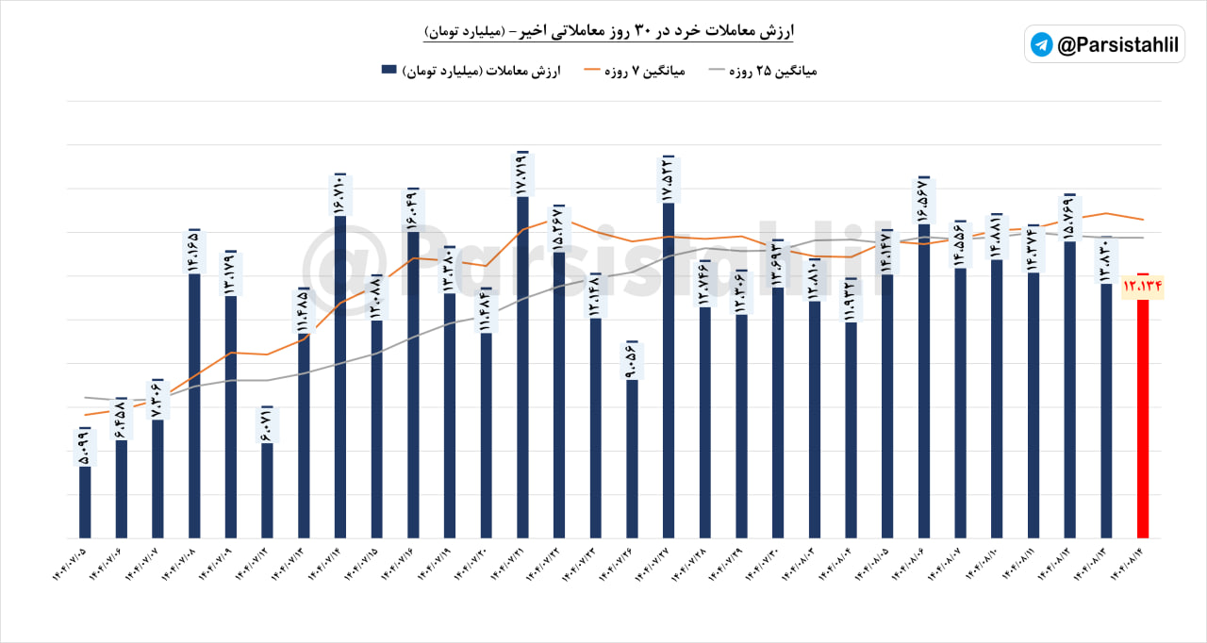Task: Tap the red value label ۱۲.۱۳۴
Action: (x=1143, y=286)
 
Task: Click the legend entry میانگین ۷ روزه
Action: (x=651, y=71)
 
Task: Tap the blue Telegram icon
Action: (x=1042, y=44)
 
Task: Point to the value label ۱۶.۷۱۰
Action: (x=340, y=194)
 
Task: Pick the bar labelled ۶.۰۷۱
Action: (x=267, y=490)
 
